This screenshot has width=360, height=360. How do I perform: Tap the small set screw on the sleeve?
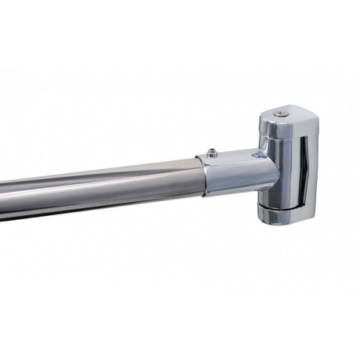coord(210,150)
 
